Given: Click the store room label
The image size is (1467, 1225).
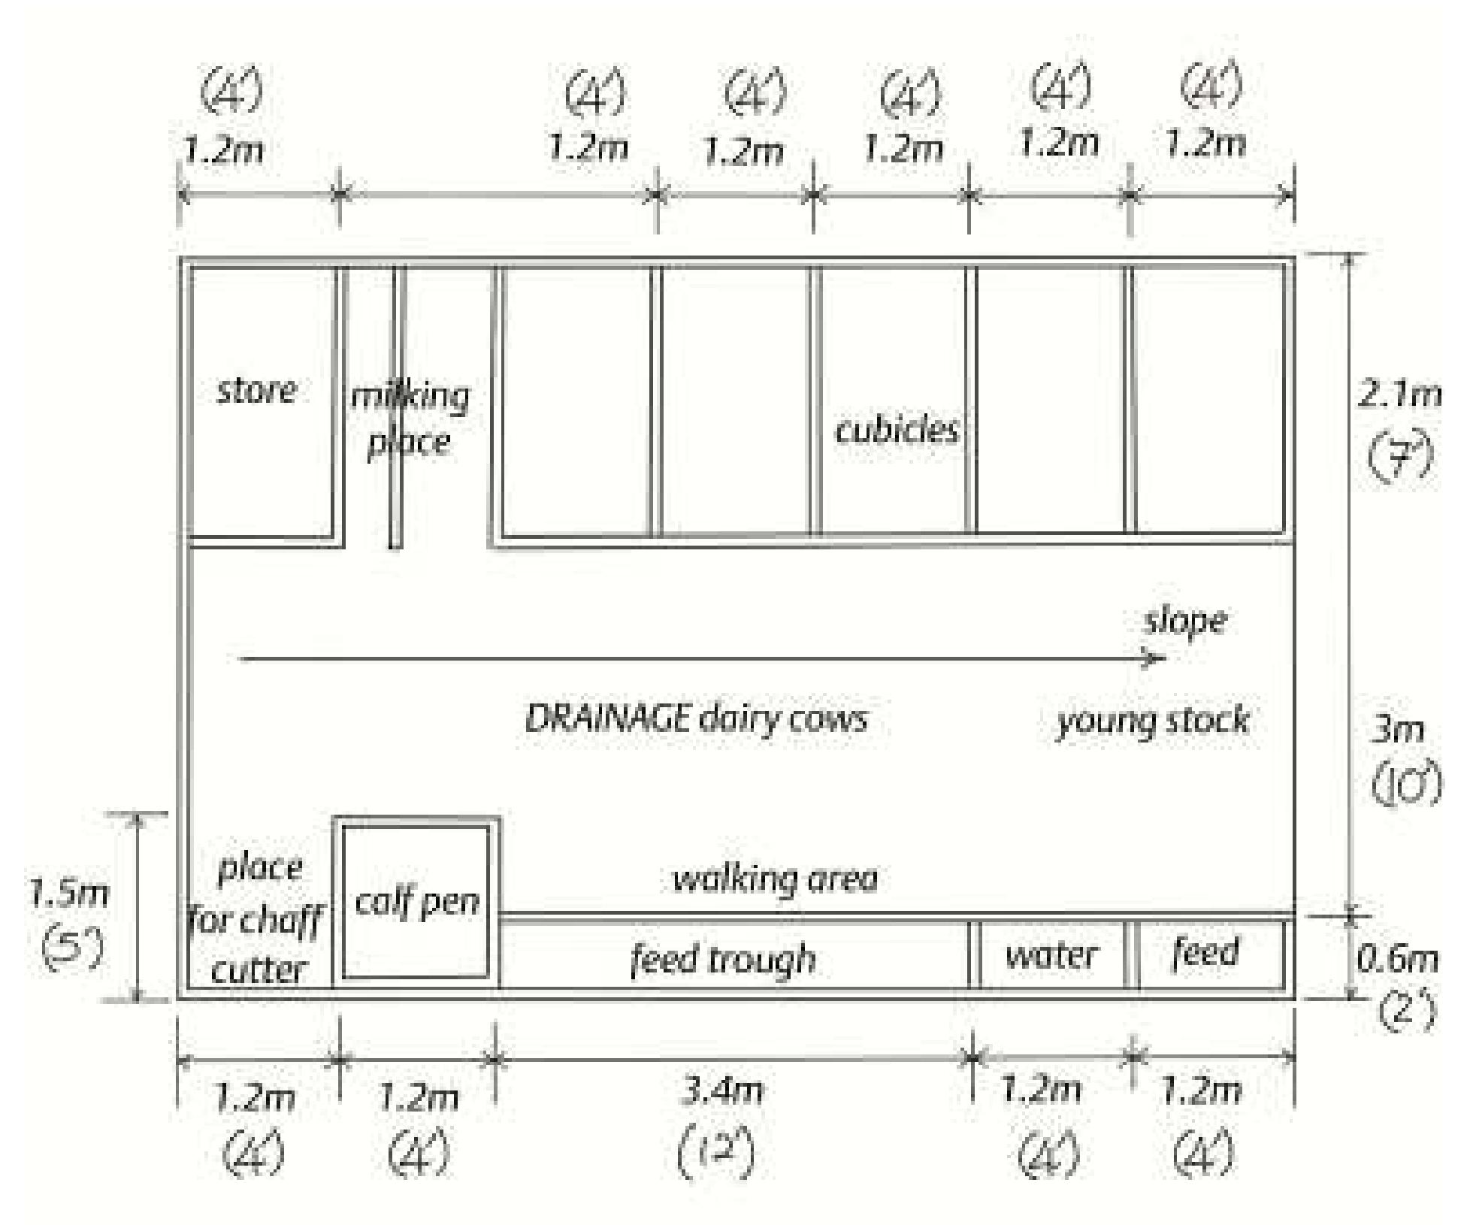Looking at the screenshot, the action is point(256,391).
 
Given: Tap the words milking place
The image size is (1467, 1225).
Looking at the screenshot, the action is point(410,419).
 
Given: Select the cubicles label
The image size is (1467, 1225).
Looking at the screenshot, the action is point(897,430).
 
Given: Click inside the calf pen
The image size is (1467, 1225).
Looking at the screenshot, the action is point(416,901).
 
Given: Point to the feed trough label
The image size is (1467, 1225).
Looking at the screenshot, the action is point(723,958).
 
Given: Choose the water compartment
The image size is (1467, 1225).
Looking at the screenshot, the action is point(1052,955).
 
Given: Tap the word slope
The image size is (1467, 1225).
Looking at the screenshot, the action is point(1185,622).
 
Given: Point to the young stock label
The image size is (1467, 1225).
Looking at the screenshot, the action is point(1152,721).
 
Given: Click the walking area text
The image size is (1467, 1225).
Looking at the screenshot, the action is point(775,878).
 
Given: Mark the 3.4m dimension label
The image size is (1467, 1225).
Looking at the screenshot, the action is point(721,1090).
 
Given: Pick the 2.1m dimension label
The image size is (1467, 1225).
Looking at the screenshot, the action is point(1399,395).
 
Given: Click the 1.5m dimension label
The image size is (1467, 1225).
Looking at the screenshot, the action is point(68,894).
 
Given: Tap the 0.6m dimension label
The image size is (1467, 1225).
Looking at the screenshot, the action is point(1397,960).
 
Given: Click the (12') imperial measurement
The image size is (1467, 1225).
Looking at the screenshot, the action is point(716,1152).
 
